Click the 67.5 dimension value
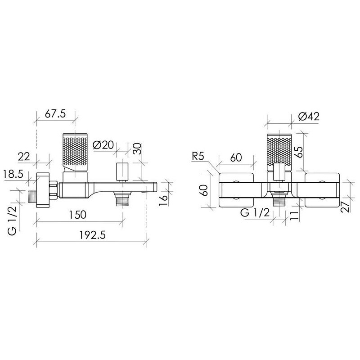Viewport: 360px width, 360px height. [55, 113]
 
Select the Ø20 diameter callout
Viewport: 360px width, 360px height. [103, 145]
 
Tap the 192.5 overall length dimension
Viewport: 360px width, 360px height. [93, 235]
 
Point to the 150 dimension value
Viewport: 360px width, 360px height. [77, 215]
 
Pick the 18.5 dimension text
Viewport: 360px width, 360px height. [13, 174]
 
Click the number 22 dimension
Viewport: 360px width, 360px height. [24, 157]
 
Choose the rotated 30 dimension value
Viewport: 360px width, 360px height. [138, 149]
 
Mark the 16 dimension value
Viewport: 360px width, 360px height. [164, 201]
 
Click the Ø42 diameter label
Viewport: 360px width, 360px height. [309, 117]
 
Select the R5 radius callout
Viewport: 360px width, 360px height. [198, 157]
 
